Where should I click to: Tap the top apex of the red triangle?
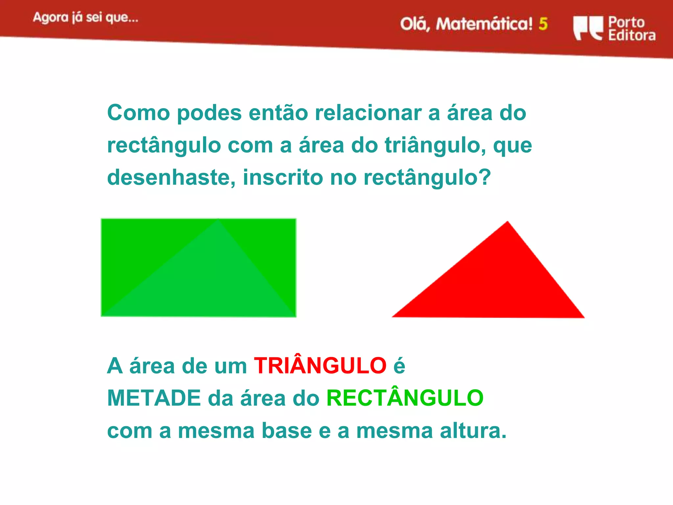[x=507, y=223]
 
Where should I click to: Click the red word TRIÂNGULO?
[x=320, y=366]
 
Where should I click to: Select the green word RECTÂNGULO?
[x=405, y=398]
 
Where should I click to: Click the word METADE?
[x=154, y=398]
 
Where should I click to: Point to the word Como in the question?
[x=138, y=113]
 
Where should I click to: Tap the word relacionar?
[x=368, y=113]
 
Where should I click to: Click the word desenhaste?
[x=171, y=177]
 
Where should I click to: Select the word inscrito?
[x=283, y=177]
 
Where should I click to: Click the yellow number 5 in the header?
[x=543, y=24]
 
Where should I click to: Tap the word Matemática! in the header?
[x=484, y=24]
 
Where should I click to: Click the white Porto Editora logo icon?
[x=588, y=28]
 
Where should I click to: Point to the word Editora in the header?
[x=632, y=35]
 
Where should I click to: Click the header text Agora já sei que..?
[x=85, y=17]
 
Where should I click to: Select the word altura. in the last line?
[x=473, y=430]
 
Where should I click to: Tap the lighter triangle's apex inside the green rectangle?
[x=218, y=220]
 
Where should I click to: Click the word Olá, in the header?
[x=415, y=24]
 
